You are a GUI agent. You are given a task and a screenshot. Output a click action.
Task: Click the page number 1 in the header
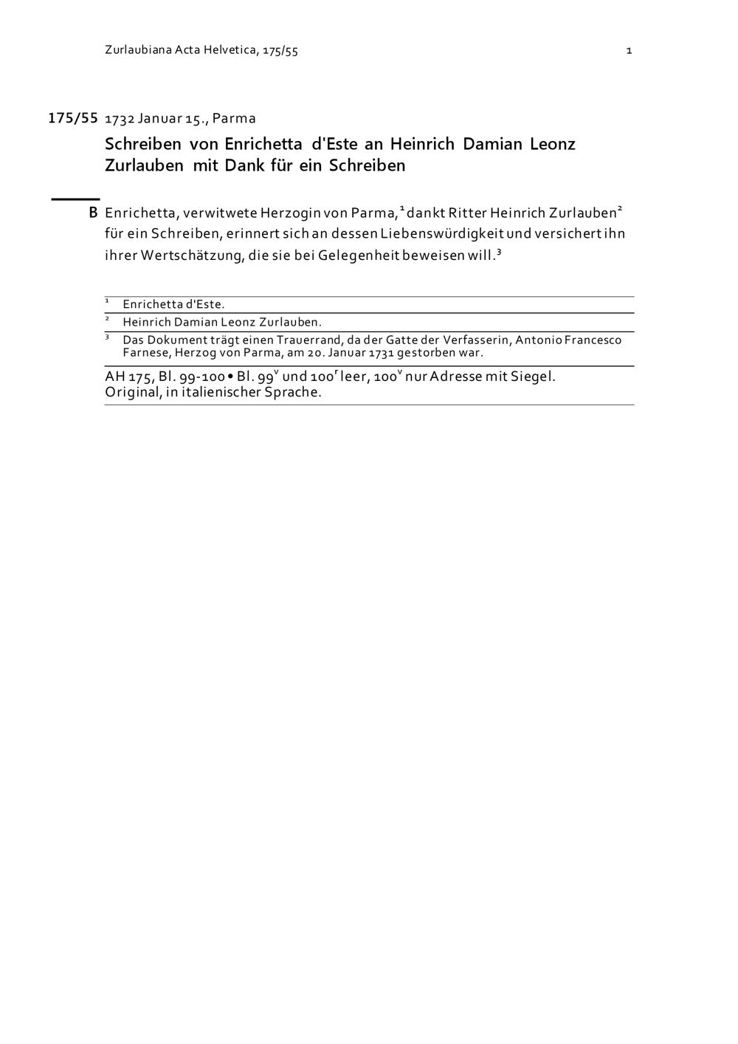coord(629,51)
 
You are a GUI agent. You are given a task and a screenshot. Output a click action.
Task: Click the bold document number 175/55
coord(73,118)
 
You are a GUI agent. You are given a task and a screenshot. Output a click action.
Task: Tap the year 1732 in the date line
coord(120,119)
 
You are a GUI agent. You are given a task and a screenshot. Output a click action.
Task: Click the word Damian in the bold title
coord(494,143)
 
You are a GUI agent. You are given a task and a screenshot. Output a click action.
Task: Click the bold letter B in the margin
coord(93,213)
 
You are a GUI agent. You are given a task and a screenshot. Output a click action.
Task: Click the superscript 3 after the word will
coord(499,252)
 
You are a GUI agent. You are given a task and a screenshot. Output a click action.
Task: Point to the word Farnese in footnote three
coord(145,352)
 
